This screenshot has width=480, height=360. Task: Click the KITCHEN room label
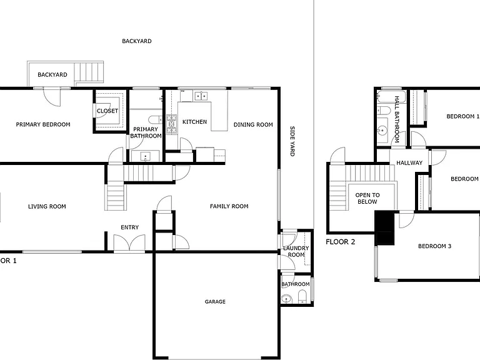click(x=195, y=122)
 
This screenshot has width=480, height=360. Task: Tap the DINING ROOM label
click(x=253, y=124)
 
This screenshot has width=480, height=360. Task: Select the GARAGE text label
click(x=215, y=301)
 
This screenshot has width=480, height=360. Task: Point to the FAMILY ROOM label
click(x=229, y=206)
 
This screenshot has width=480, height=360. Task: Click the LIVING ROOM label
click(x=47, y=207)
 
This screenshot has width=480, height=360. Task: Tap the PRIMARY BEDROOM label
click(x=43, y=124)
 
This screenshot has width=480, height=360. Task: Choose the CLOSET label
click(x=107, y=111)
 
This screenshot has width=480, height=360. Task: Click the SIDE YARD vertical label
click(x=292, y=141)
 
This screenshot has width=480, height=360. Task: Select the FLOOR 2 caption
click(x=341, y=242)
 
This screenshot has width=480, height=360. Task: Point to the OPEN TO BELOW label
click(x=367, y=198)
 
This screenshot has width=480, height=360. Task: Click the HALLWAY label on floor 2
click(x=409, y=163)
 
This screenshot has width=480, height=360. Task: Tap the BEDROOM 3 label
click(x=435, y=246)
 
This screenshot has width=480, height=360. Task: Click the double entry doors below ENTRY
click(x=129, y=243)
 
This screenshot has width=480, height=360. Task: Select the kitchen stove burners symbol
click(x=171, y=124)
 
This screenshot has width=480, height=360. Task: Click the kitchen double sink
click(x=201, y=96)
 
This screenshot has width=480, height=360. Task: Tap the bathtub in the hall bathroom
click(x=391, y=96)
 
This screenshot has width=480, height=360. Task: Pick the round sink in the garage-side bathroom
click(x=286, y=299)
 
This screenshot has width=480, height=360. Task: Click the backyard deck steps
click(x=89, y=72)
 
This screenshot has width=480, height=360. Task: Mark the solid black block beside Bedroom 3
click(x=384, y=227)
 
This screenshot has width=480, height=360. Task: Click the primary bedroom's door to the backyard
click(x=52, y=97)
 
